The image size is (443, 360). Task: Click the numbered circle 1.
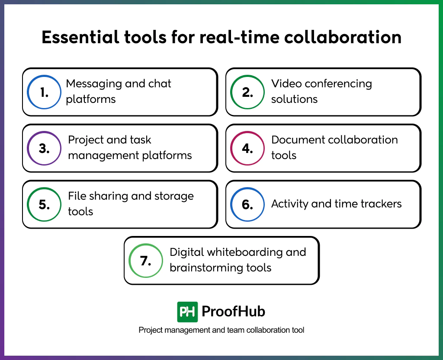coord(44,92)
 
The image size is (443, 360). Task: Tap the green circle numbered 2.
coord(247,92)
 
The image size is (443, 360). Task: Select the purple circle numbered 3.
coord(44,148)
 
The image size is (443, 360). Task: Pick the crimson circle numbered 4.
coord(247,148)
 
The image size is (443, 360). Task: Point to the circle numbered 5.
coord(44,204)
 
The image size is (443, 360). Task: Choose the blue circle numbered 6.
coord(247,204)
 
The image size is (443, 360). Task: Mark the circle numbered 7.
coord(146,261)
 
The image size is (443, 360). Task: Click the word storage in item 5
coord(173,196)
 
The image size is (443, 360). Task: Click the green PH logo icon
coord(187,312)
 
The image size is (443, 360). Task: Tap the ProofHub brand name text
coord(234,312)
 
